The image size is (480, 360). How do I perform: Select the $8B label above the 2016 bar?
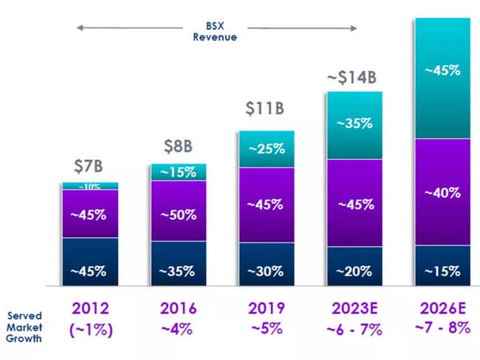tap(178, 146)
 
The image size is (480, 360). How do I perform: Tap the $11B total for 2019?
tap(265, 109)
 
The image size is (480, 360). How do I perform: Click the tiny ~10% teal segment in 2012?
tap(89, 186)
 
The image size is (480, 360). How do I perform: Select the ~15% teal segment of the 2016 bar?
tap(178, 172)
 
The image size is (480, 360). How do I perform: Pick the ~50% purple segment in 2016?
tap(178, 215)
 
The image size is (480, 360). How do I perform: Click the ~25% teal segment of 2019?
tap(266, 149)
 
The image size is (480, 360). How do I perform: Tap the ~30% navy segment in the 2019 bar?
tap(266, 271)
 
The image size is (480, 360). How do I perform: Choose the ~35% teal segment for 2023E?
tap(354, 124)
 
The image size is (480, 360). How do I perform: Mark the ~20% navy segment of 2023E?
tap(354, 271)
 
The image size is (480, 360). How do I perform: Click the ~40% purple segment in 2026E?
tap(443, 192)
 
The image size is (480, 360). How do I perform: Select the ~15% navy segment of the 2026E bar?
tap(443, 271)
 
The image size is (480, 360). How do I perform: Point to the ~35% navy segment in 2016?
tap(178, 271)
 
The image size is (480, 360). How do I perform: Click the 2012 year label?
tap(89, 308)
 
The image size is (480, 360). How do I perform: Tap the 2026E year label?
tap(443, 308)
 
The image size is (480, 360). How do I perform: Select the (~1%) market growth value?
tap(89, 330)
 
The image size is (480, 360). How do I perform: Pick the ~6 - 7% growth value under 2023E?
tap(354, 330)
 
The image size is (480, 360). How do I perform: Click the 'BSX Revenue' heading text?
tap(215, 31)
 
